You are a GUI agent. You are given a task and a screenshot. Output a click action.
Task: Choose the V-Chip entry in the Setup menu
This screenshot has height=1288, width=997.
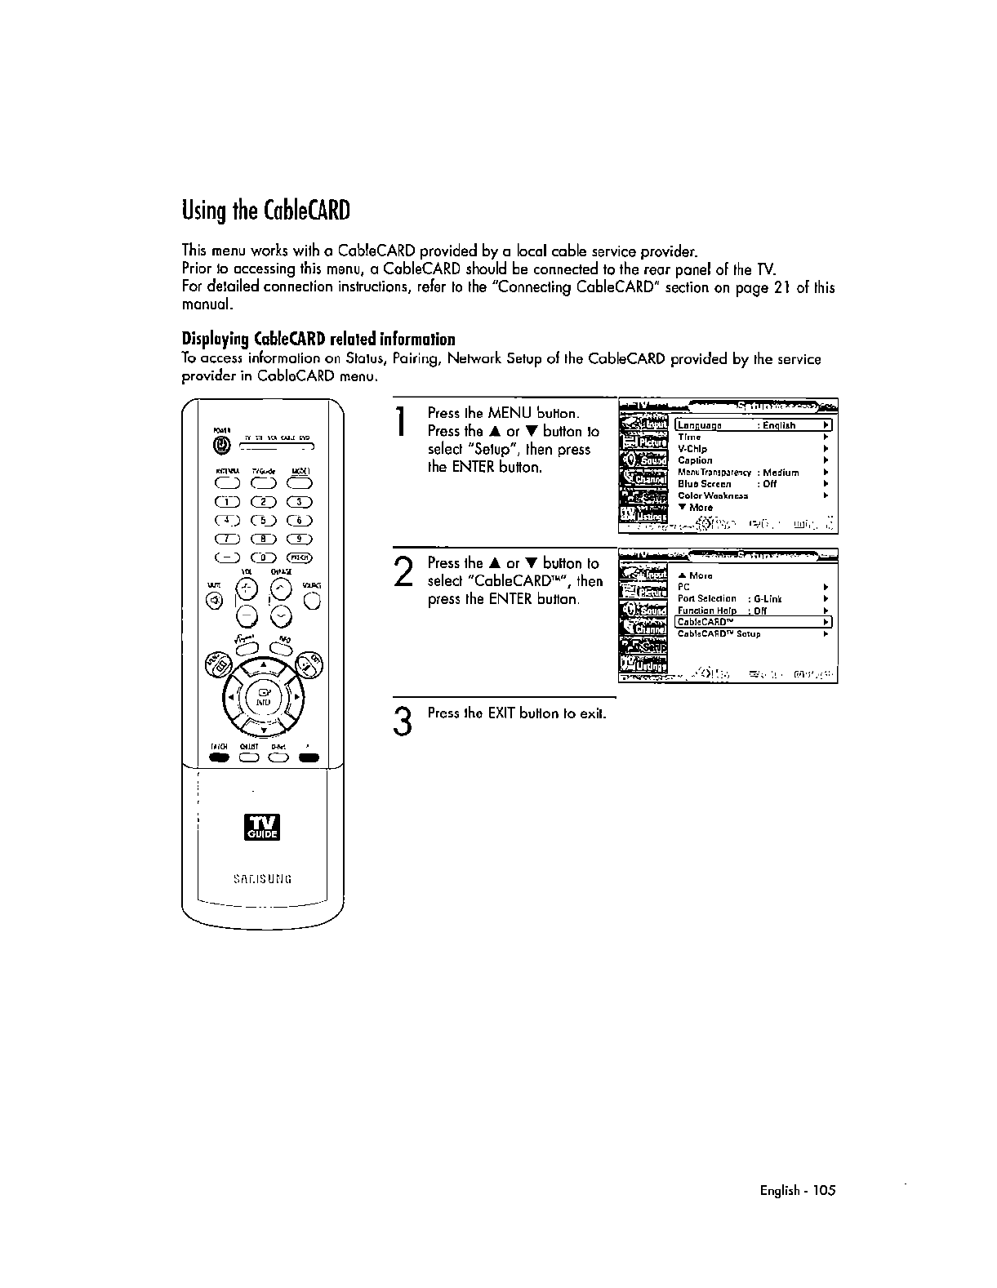(692, 449)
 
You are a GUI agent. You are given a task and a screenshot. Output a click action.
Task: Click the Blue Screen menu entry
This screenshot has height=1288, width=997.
(705, 484)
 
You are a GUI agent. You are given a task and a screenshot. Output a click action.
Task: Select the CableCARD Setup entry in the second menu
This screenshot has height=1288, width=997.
(719, 634)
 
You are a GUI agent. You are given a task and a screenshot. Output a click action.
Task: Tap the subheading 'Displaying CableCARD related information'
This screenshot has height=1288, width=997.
(318, 340)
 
